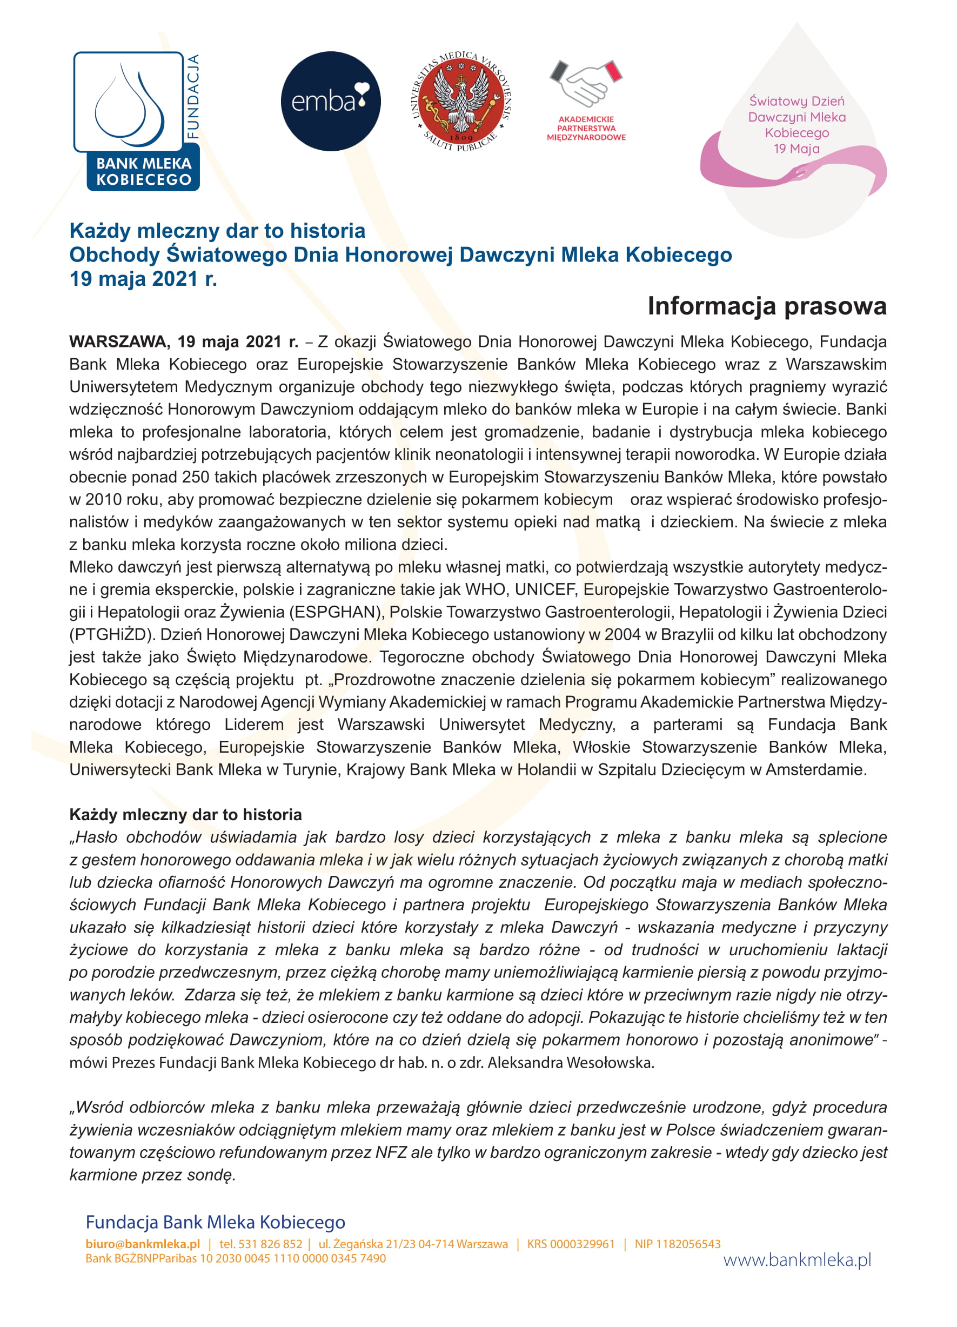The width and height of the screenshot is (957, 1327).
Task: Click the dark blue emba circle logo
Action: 331,101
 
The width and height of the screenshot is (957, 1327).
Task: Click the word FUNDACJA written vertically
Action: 193,97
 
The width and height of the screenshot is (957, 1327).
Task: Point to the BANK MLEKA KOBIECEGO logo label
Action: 143,171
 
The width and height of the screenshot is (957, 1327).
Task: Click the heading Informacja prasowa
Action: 766,306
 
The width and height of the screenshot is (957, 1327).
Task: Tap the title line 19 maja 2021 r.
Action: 143,279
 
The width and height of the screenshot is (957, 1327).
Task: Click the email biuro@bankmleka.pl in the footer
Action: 142,1244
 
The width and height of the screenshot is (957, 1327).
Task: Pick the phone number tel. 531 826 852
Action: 260,1244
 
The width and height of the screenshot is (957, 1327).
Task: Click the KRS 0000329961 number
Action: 571,1244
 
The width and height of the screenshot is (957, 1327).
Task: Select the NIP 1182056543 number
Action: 677,1244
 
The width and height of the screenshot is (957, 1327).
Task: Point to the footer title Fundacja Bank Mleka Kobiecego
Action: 215,1222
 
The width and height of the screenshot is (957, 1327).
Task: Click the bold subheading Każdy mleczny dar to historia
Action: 185,814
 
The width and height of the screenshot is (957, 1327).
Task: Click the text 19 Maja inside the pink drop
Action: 796,149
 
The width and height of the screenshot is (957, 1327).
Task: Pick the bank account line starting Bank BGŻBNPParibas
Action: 235,1258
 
